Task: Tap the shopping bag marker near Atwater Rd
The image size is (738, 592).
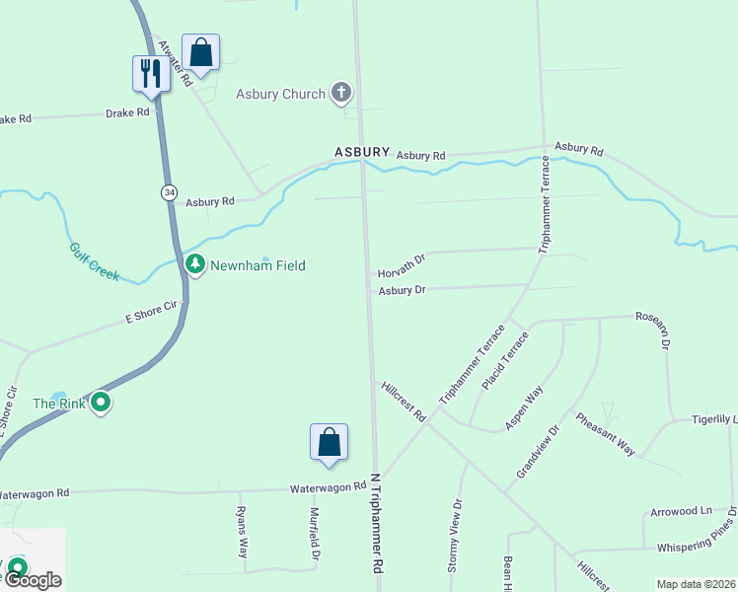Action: point(200,52)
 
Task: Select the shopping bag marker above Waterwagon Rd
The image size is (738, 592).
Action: point(329,442)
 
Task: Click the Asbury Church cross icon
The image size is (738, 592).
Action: point(341,94)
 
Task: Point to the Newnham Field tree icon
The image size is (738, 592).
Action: point(195,264)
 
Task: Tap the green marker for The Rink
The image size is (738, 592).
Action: point(100,403)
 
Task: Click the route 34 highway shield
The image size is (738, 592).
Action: point(170,193)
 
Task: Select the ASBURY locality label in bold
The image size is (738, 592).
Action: point(362,153)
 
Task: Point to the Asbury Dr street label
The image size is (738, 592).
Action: point(402,290)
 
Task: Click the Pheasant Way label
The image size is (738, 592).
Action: point(606,433)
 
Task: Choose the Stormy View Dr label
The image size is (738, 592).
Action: point(455,536)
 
